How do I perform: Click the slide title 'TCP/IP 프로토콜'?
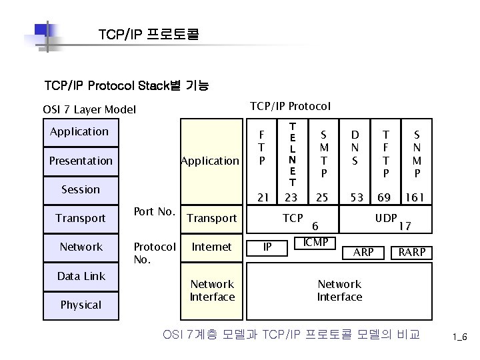pos(148,34)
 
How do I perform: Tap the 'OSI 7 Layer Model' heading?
pos(89,109)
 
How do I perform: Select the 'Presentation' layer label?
pos(81,161)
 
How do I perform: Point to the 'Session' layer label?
pos(81,189)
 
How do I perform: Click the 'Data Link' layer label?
pos(81,276)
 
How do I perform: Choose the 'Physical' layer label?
pos(81,305)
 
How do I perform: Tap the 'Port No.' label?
pos(155,212)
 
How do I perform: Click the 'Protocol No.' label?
pos(155,253)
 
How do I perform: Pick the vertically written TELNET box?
pos(291,154)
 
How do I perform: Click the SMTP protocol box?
pos(322,154)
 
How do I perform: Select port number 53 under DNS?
pos(357,198)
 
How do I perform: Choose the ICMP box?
pos(315,242)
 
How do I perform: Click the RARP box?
pos(411,253)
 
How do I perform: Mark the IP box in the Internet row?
pos(267,247)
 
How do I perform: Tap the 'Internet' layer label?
pos(212,247)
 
